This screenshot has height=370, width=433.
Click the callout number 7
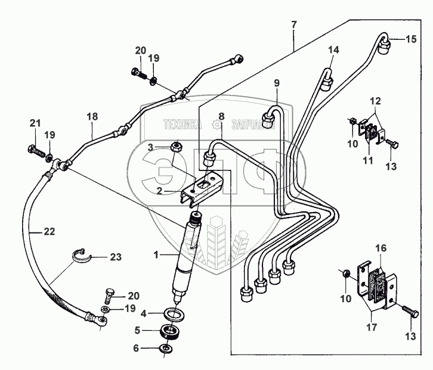294,24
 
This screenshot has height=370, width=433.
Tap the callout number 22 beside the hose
50,232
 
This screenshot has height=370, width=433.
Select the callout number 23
116,257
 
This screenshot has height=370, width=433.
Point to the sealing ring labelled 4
174,315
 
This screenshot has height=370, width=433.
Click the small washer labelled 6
166,348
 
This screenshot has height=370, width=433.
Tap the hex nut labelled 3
176,146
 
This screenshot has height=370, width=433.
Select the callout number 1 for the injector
156,254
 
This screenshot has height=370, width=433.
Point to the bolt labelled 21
36,150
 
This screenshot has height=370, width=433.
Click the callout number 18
92,116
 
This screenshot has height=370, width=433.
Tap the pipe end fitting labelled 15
383,45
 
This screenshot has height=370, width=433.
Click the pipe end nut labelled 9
268,120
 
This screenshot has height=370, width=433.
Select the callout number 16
381,248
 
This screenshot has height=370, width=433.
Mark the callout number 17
372,327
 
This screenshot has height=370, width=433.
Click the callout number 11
368,160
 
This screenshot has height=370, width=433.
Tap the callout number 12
375,101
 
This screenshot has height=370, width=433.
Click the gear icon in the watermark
216,125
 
